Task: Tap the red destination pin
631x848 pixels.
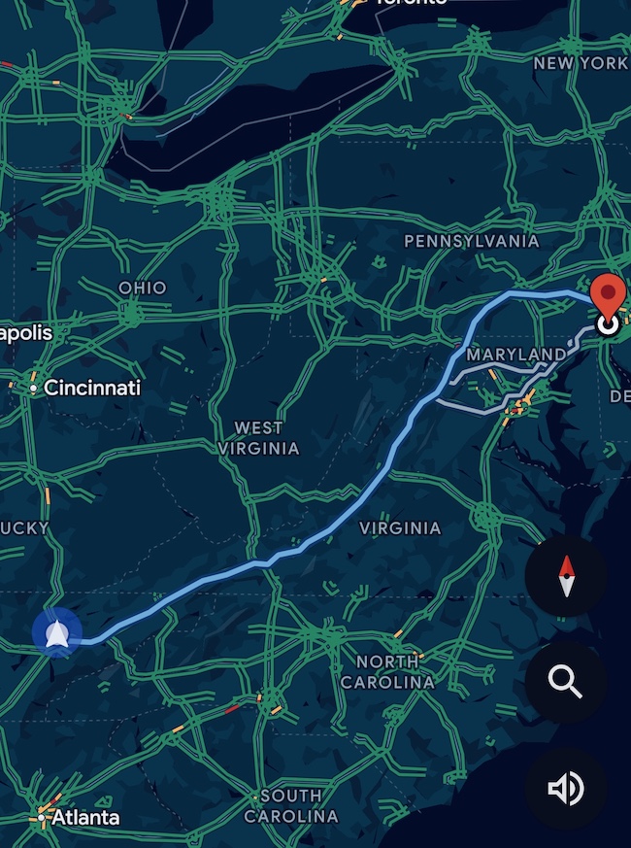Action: click(x=609, y=294)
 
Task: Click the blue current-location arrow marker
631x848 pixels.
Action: click(x=57, y=633)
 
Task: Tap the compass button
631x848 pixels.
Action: click(x=566, y=577)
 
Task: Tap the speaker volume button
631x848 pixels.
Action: click(x=566, y=789)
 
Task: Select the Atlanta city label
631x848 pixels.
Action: click(x=85, y=817)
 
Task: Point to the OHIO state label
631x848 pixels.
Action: click(x=142, y=288)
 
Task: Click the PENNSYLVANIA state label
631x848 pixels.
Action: click(x=472, y=240)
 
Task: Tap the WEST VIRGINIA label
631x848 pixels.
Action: click(x=258, y=438)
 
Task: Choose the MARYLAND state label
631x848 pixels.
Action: click(x=516, y=355)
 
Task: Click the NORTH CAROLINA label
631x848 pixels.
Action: click(x=387, y=672)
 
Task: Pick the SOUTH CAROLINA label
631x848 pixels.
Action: click(x=290, y=806)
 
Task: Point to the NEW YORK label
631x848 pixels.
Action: click(x=581, y=63)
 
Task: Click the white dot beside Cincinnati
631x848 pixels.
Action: click(x=33, y=389)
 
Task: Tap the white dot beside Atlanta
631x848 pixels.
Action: click(x=43, y=817)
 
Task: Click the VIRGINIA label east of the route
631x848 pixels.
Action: click(x=400, y=528)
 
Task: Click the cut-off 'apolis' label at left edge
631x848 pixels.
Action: click(x=26, y=332)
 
